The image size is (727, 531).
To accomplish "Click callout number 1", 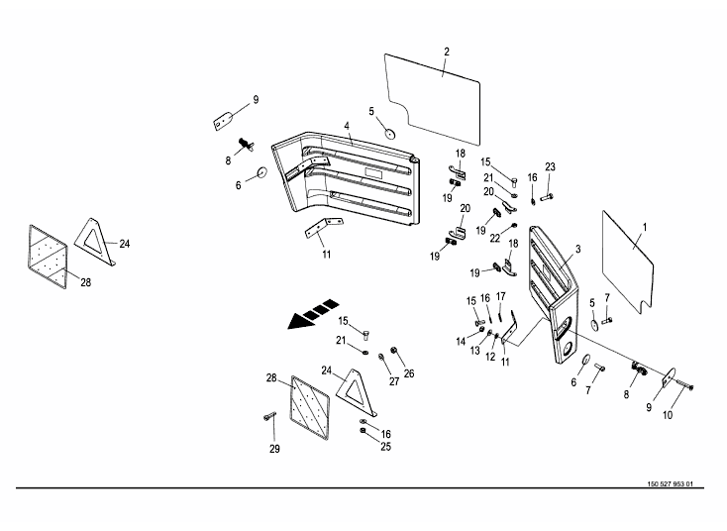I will point(644,227).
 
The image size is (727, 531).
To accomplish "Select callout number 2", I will point(447,51).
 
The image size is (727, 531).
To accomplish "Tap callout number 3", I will point(577,250).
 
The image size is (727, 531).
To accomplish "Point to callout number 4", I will point(348,127).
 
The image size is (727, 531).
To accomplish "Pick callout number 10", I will point(668,416).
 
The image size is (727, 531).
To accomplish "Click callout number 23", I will point(550,166).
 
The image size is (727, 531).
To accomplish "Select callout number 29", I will point(275,450).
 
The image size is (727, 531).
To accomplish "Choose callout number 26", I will point(409,373).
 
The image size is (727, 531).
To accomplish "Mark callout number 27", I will point(393,381).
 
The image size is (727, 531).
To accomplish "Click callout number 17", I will point(501,296).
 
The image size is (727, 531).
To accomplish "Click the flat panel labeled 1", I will point(624,258).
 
